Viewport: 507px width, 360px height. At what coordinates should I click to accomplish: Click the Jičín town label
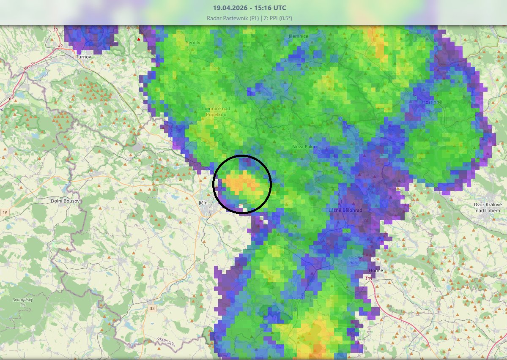click(x=203, y=203)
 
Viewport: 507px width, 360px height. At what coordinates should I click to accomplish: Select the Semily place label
click(x=193, y=43)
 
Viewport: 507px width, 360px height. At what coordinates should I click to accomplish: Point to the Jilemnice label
click(x=298, y=36)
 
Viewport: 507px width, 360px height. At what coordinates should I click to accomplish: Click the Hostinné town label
click(x=432, y=102)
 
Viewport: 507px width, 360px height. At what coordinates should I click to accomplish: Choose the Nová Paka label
click(x=304, y=147)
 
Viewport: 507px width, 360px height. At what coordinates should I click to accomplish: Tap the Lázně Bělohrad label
click(x=345, y=210)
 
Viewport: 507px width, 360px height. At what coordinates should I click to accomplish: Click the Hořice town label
click(x=375, y=270)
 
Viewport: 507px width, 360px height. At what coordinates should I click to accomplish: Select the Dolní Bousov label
click(x=65, y=201)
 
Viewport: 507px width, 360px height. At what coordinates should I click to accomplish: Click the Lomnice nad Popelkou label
click(x=216, y=112)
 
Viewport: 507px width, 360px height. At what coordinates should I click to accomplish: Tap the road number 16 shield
click(x=5, y=212)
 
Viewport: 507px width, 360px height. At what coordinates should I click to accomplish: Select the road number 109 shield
click(x=369, y=278)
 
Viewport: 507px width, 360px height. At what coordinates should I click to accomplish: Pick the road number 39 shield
click(x=55, y=30)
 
